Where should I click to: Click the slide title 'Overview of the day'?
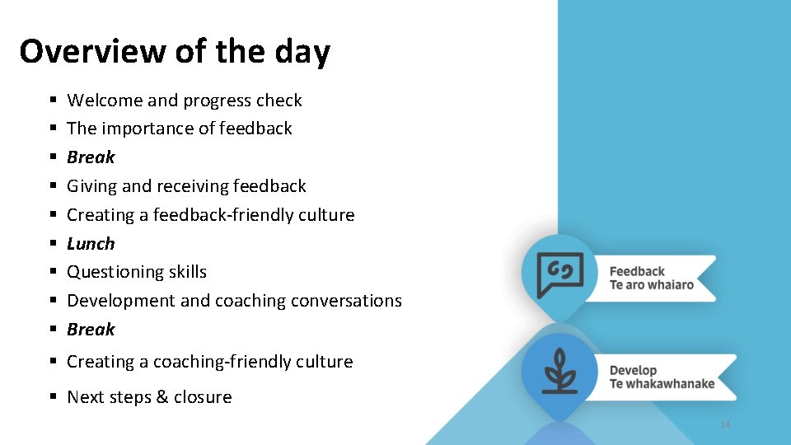[x=175, y=52]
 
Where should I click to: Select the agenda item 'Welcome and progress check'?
[x=185, y=101]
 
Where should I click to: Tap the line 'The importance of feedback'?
[x=180, y=129]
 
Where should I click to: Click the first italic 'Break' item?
[x=91, y=157]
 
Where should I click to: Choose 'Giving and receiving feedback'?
[x=186, y=186]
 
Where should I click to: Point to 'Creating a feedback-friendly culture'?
[x=210, y=215]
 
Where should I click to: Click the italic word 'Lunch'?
[x=91, y=244]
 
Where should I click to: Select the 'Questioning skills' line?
[x=137, y=272]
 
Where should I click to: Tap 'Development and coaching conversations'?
[x=234, y=301]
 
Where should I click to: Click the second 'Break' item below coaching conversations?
[x=91, y=330]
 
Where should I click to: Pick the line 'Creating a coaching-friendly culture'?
[x=209, y=362]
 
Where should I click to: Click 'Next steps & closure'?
[x=149, y=397]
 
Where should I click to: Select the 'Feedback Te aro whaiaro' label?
[x=651, y=279]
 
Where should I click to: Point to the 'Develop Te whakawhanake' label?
[x=662, y=377]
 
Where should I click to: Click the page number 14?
[x=725, y=424]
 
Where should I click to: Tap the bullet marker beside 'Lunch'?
[x=52, y=244]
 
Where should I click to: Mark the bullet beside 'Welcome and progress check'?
[x=52, y=101]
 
